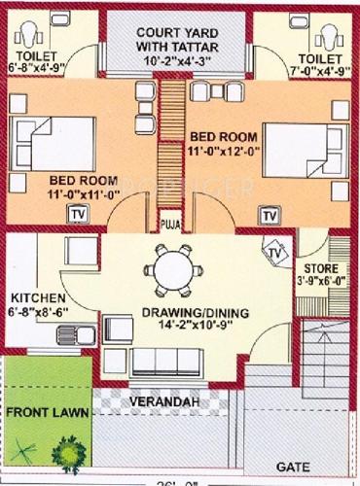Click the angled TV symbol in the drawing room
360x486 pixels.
coord(276,253)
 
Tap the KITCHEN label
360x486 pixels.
coord(38,297)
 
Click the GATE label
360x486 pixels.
coord(288,467)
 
